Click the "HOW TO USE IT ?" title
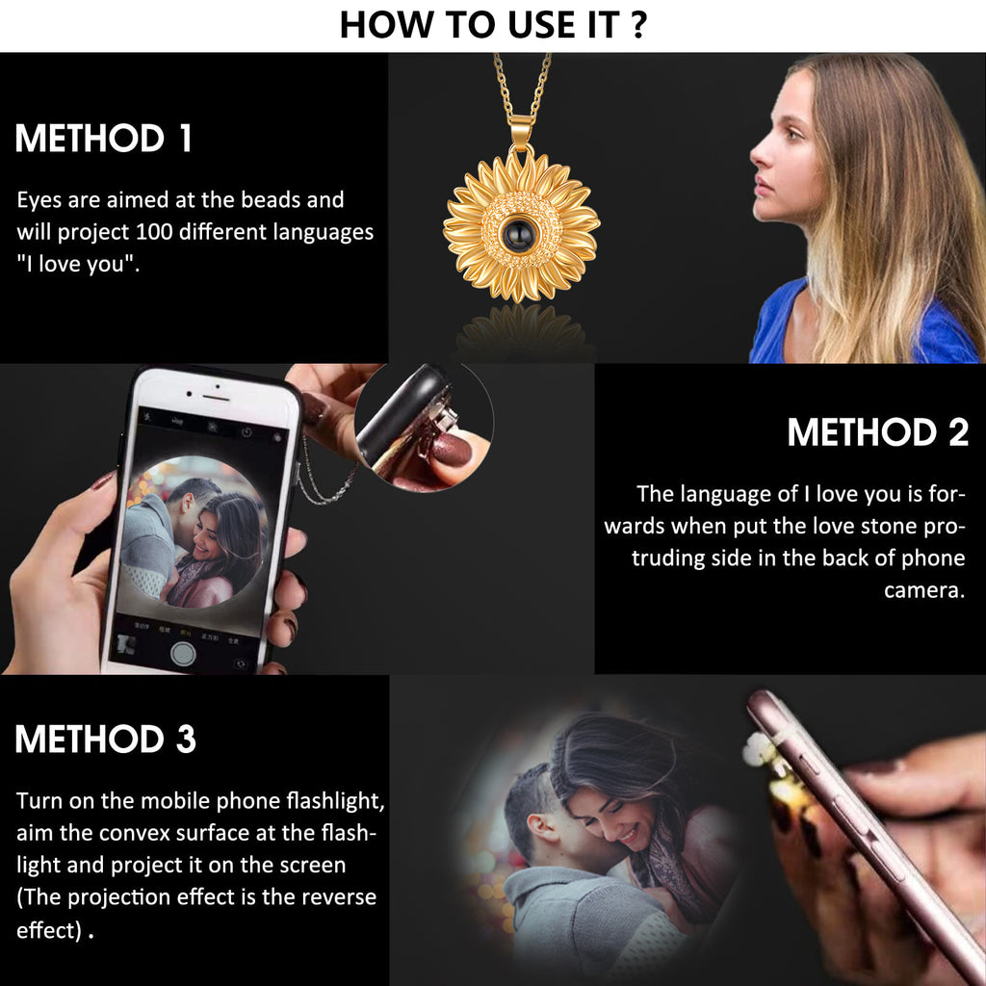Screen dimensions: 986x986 [493, 25]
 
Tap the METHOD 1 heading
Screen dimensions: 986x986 [103, 139]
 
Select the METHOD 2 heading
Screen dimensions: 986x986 [878, 432]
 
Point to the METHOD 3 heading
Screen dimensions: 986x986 [105, 739]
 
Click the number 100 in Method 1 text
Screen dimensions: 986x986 [154, 232]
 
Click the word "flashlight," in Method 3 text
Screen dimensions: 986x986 [335, 801]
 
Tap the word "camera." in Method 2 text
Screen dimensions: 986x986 [923, 590]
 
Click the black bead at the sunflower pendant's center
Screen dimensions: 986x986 [521, 233]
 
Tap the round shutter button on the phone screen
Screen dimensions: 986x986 [183, 654]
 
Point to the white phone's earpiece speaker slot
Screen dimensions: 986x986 [215, 398]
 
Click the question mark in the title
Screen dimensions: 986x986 [638, 25]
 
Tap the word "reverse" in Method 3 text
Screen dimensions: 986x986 [339, 896]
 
